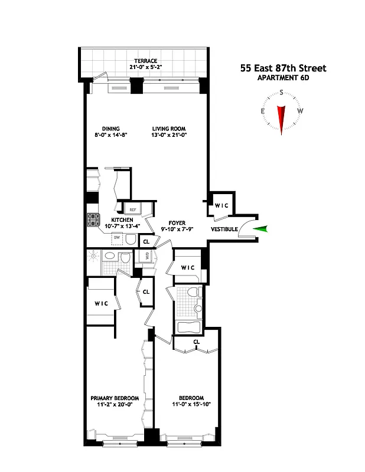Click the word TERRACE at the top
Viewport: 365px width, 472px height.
click(x=145, y=61)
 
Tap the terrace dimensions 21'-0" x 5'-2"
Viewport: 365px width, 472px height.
click(x=145, y=67)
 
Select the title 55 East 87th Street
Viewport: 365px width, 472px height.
click(x=283, y=68)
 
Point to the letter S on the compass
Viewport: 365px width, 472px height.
click(x=282, y=92)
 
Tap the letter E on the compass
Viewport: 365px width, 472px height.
click(x=262, y=111)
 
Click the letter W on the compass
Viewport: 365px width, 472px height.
click(x=301, y=111)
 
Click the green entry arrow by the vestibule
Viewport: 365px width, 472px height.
click(x=259, y=230)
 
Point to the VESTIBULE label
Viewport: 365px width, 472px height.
click(x=224, y=229)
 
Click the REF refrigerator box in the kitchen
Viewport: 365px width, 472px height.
click(x=132, y=209)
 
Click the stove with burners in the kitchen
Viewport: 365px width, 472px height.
click(x=93, y=220)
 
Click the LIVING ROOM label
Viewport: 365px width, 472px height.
click(x=169, y=129)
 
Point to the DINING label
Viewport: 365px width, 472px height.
click(x=110, y=129)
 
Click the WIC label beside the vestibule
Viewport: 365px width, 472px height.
click(x=221, y=205)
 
